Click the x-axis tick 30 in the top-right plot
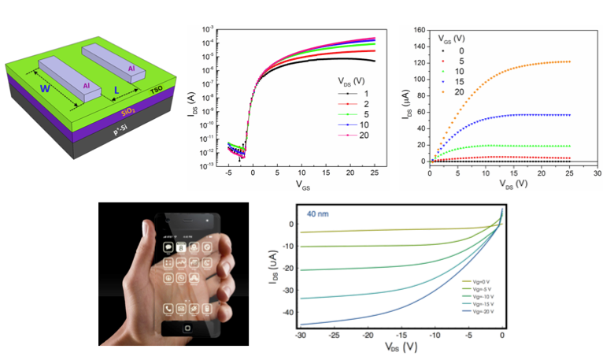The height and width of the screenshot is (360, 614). [x=596, y=172]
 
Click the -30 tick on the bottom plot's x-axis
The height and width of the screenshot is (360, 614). [x=301, y=336]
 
